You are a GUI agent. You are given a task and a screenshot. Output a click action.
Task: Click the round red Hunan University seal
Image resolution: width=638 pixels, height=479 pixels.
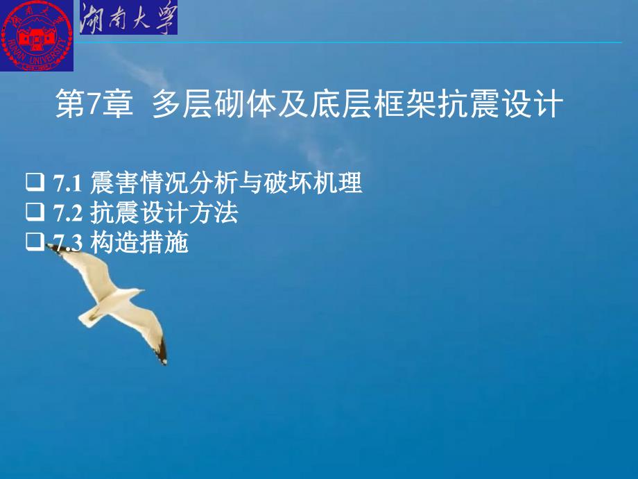(37, 35)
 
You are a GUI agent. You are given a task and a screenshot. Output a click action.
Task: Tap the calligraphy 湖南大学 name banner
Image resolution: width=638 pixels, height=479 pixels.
(128, 17)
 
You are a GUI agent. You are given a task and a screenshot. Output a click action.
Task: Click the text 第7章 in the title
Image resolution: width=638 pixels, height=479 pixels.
(94, 103)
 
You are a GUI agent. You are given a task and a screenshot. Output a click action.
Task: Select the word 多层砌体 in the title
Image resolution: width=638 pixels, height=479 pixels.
(212, 103)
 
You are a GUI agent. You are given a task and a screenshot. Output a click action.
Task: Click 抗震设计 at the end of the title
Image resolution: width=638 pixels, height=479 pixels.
(501, 103)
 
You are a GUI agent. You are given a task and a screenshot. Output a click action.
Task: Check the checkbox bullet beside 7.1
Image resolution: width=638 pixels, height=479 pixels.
(35, 182)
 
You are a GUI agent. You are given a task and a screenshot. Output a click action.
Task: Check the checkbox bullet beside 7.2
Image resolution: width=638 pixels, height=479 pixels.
(35, 212)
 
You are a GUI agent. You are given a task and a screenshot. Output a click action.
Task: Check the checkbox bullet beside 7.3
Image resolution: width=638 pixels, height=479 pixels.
(35, 242)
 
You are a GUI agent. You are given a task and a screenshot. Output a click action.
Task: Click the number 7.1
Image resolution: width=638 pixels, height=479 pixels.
(67, 183)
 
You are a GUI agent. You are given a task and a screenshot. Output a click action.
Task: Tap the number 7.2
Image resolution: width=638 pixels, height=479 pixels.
(67, 213)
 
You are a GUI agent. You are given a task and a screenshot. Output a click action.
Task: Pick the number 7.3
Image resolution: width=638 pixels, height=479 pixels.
(67, 243)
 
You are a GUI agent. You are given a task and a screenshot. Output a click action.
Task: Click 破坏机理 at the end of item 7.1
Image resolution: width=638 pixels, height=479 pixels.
(313, 183)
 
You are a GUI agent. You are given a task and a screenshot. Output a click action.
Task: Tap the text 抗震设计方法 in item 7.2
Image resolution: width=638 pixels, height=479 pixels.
(164, 212)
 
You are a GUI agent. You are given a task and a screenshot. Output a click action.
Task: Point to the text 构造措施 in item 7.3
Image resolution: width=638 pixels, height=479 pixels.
(139, 243)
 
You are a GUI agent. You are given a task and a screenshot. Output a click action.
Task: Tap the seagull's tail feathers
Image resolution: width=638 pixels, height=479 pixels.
(87, 317)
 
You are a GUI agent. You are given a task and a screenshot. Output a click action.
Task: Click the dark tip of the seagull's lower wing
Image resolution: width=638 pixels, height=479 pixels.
(162, 351)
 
